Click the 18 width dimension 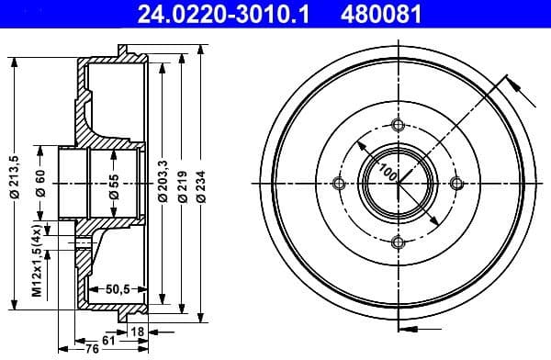point(137,330)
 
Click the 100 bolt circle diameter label point(388,172)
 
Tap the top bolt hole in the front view point(397,126)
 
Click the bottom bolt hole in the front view point(397,242)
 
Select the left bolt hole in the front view point(339,184)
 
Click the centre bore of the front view point(397,184)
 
